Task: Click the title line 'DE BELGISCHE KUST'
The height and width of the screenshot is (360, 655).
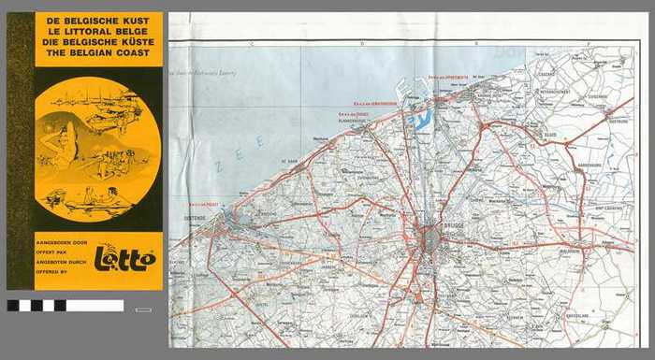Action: [x=98, y=20]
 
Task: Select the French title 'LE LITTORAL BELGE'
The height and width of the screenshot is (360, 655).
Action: [x=98, y=32]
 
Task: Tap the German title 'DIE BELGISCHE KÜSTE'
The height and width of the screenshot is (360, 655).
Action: [x=98, y=43]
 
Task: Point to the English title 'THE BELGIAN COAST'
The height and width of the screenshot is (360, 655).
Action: [x=98, y=55]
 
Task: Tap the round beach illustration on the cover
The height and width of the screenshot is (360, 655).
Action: [x=96, y=148]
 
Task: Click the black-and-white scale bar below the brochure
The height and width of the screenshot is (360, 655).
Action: [x=65, y=305]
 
